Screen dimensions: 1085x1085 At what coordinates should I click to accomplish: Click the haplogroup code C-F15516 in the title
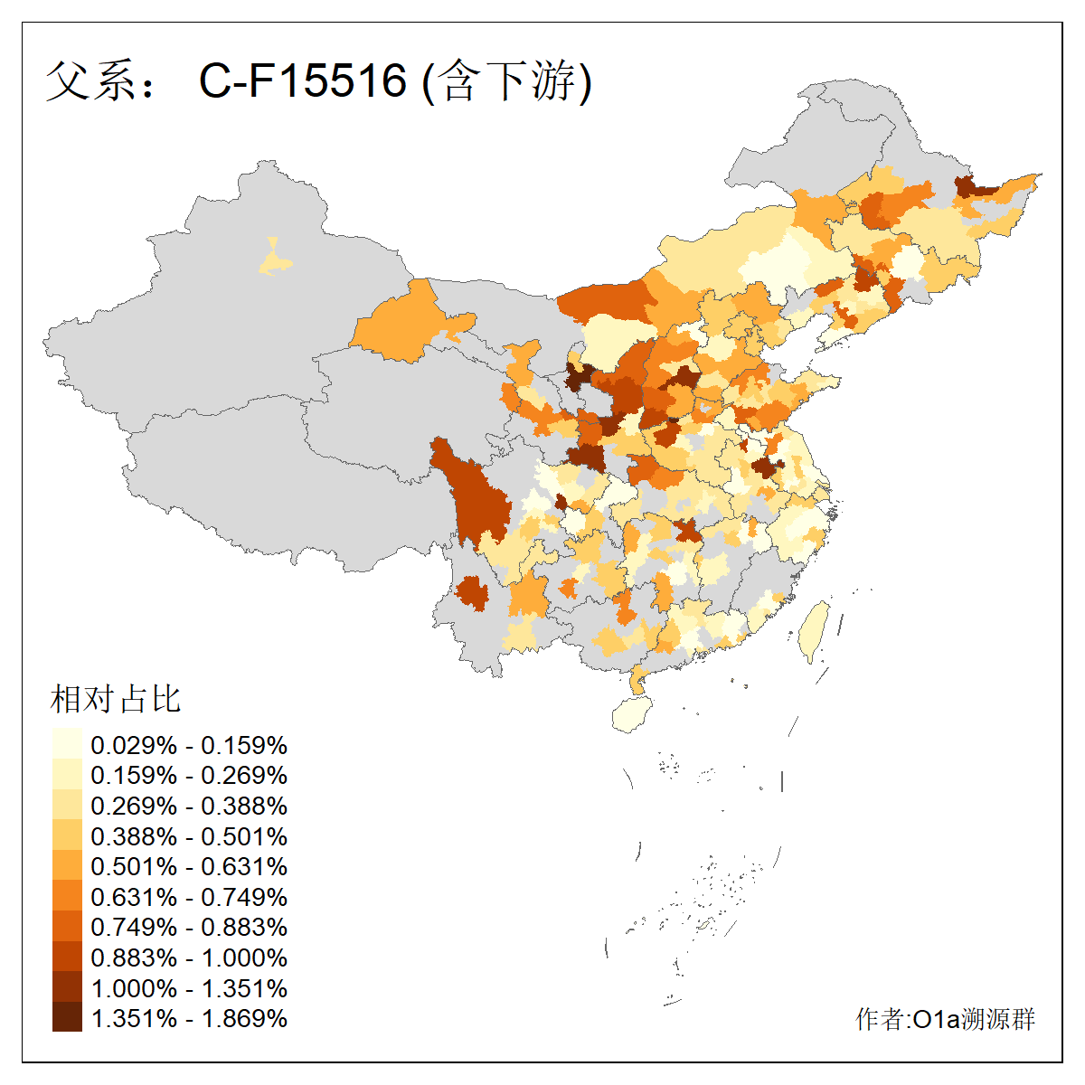click(303, 80)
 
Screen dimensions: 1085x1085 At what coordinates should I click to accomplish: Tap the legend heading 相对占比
click(115, 699)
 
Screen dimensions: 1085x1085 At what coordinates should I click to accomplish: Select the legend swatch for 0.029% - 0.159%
click(67, 745)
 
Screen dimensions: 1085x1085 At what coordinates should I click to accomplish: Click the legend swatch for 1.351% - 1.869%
click(67, 1017)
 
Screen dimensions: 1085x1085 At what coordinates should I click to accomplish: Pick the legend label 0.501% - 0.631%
click(189, 866)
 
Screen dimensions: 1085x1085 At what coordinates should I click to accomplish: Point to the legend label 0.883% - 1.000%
click(189, 958)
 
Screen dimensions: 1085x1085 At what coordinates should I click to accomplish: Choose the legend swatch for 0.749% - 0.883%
click(67, 927)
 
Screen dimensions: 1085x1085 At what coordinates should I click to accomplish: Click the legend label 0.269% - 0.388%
click(189, 806)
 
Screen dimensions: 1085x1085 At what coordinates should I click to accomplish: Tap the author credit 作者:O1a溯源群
click(945, 1019)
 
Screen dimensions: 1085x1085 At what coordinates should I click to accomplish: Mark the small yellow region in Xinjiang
click(275, 260)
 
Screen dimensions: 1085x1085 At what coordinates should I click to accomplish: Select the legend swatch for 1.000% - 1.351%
click(67, 987)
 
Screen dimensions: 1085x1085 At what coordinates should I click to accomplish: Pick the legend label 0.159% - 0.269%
click(189, 775)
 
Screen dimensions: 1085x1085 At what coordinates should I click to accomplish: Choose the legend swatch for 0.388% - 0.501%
click(67, 835)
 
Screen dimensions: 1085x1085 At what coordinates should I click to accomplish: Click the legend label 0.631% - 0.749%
click(189, 897)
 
